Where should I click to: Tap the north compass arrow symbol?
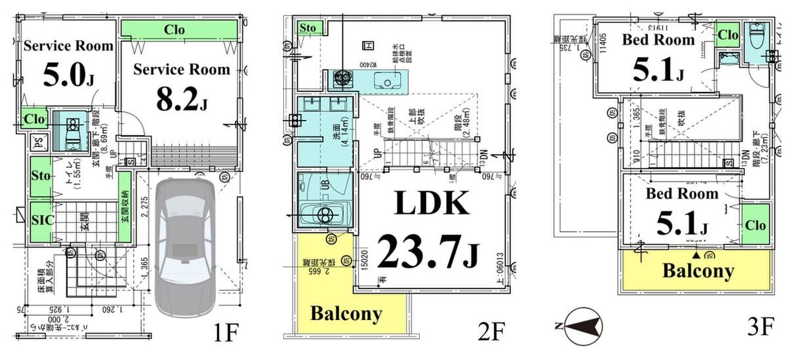point(583,326)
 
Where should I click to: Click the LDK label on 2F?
point(431,205)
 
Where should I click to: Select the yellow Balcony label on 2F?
point(346,313)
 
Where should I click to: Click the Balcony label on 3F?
point(697,271)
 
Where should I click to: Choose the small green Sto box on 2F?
point(307,28)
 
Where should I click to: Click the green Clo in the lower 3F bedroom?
point(754,225)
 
